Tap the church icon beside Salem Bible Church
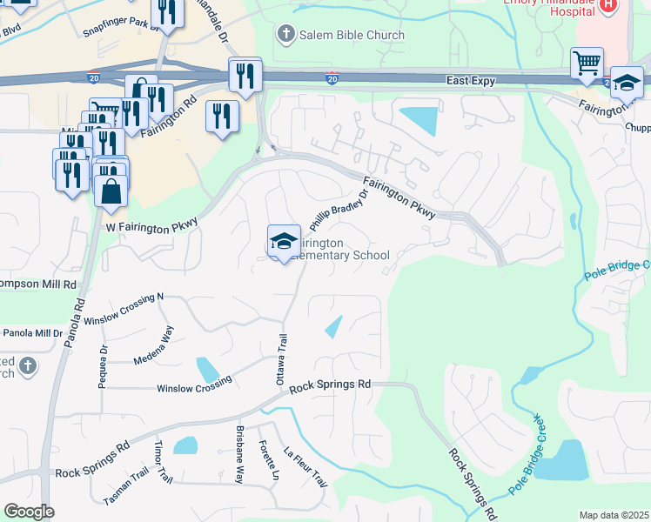coord(285,35)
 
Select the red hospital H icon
coord(608,5)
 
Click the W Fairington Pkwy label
coord(152,224)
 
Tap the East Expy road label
coord(470,80)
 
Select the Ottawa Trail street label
coord(280,359)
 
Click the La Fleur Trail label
coord(305,466)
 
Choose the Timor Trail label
coord(162,461)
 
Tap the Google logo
coord(29,512)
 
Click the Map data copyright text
coord(614,515)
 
